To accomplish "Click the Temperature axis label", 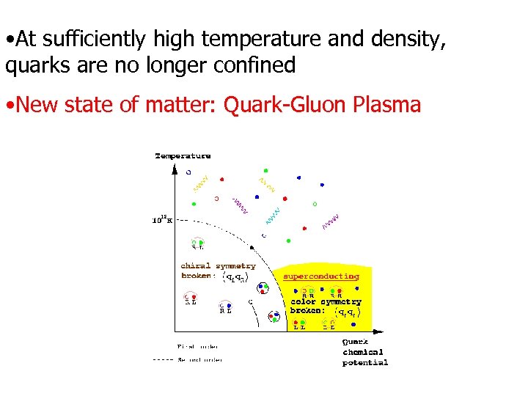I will [183, 155].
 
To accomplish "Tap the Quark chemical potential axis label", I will [364, 352].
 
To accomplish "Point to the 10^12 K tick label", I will [161, 219].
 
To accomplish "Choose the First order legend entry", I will [198, 346].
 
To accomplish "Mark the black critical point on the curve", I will [263, 236].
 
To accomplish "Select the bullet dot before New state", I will [9, 106].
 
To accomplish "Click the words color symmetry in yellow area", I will [326, 301].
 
